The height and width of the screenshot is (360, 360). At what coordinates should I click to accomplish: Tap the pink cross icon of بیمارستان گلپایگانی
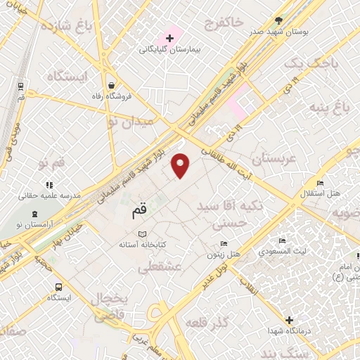[x=169, y=37]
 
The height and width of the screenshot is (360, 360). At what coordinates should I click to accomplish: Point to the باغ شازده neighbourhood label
[x=67, y=26]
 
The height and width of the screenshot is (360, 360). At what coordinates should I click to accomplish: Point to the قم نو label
[x=52, y=163]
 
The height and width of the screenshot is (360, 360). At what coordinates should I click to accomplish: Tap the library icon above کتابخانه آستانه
[x=143, y=233]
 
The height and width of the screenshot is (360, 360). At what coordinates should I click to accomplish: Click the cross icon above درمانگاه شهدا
[x=288, y=320]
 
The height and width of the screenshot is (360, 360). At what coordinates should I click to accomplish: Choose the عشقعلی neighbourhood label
[x=160, y=267]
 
